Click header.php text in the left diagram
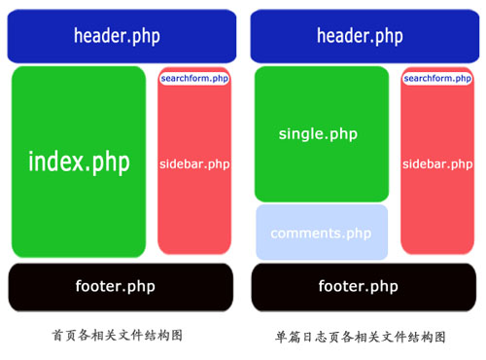pyautogui.click(x=117, y=37)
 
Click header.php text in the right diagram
pyautogui.click(x=360, y=37)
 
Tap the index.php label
pyautogui.click(x=79, y=162)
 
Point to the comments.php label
pyautogui.click(x=321, y=234)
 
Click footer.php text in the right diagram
pyautogui.click(x=359, y=286)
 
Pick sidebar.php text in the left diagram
pyautogui.click(x=194, y=164)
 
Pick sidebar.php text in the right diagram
pyautogui.click(x=437, y=164)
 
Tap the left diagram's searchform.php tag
pyautogui.click(x=194, y=78)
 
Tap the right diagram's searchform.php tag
pyautogui.click(x=437, y=78)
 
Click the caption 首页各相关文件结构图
pyautogui.click(x=117, y=335)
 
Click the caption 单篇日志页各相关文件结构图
pyautogui.click(x=361, y=337)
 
